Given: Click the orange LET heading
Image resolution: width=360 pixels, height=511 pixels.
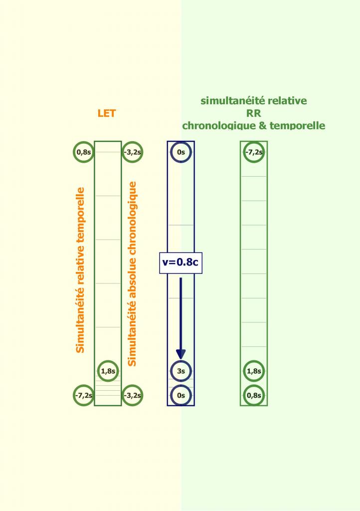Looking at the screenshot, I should [107, 113].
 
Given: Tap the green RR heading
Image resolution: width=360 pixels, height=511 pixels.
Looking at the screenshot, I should [254, 113].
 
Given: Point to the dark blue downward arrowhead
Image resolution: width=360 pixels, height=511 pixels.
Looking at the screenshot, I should [181, 353].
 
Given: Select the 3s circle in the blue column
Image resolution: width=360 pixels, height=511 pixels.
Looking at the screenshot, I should [181, 371].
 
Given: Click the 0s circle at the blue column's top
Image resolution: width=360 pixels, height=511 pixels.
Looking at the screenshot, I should [181, 152].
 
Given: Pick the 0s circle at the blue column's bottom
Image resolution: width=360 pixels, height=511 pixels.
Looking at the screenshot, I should [181, 395].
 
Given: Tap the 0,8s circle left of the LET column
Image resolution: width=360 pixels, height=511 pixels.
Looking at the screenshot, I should [83, 152].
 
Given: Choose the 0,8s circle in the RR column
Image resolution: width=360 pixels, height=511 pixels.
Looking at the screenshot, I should [254, 395].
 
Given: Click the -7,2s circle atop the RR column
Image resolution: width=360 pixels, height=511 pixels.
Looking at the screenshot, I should [254, 152].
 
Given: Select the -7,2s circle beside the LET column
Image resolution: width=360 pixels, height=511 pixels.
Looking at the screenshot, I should [83, 395].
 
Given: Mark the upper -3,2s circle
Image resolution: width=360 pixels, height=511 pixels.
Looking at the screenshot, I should [132, 152].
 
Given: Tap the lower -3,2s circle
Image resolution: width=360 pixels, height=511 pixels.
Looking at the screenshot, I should [132, 395].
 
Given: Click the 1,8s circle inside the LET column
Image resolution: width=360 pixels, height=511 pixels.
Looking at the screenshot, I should [108, 371].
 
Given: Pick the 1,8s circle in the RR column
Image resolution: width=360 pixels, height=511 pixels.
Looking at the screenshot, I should [254, 371].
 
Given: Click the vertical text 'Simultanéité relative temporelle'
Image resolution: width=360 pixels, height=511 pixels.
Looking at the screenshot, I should [80, 270].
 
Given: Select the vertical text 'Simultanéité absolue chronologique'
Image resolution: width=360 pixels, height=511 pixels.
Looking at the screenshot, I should [132, 273].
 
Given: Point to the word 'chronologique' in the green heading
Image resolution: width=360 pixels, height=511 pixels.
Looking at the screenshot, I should [216, 125].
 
